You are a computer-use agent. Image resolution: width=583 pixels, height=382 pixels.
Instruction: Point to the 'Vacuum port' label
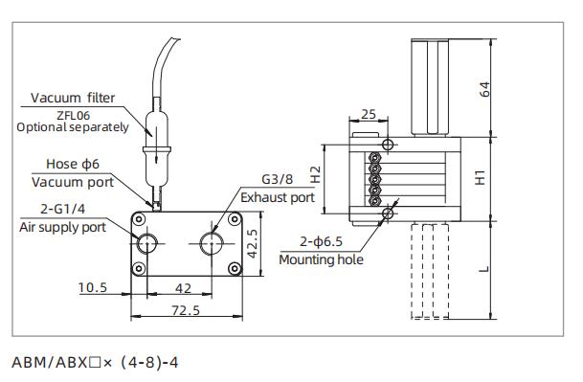point(73,182)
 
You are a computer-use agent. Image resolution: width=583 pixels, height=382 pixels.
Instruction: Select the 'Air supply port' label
point(63,227)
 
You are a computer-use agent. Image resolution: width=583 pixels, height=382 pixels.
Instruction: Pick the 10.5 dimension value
point(92,287)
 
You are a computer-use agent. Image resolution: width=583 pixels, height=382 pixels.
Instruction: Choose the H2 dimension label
point(317,177)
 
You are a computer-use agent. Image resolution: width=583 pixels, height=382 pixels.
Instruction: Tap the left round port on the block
point(144,242)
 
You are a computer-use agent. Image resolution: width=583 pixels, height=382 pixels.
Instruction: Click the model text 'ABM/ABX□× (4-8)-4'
point(95,363)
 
